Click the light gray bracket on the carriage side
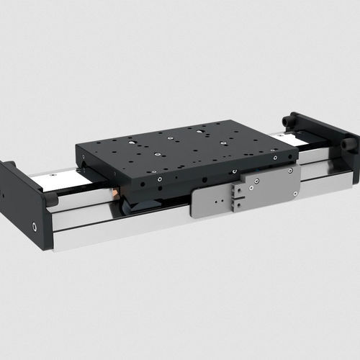click(266, 189)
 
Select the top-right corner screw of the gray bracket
click(289, 171)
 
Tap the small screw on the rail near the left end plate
click(53, 175)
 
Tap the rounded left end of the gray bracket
click(195, 209)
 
